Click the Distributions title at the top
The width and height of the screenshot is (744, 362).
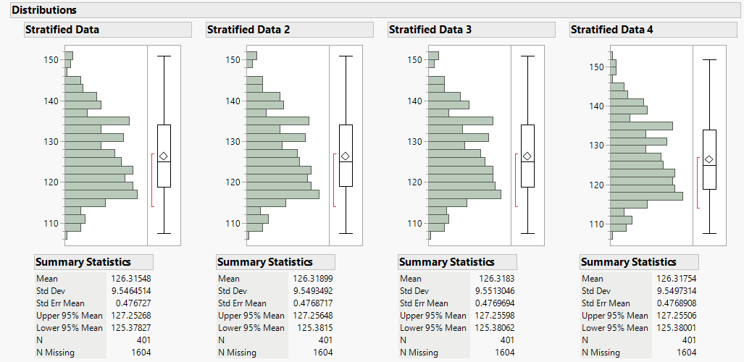click(x=44, y=10)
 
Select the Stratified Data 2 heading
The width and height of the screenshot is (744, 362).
click(x=248, y=30)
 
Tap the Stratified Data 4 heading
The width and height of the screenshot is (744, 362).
click(x=612, y=30)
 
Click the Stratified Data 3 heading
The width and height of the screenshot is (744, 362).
click(x=430, y=30)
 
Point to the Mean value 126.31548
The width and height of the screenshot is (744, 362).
click(x=131, y=279)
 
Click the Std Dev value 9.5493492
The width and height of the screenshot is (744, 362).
click(x=313, y=291)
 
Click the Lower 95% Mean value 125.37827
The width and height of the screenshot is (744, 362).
click(x=131, y=328)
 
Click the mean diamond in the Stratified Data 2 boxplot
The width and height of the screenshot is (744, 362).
click(x=346, y=156)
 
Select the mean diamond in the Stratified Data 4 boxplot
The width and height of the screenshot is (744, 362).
click(x=709, y=159)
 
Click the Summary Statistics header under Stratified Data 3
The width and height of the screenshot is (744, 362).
click(x=446, y=262)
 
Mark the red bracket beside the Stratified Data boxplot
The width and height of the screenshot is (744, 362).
click(x=152, y=180)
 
